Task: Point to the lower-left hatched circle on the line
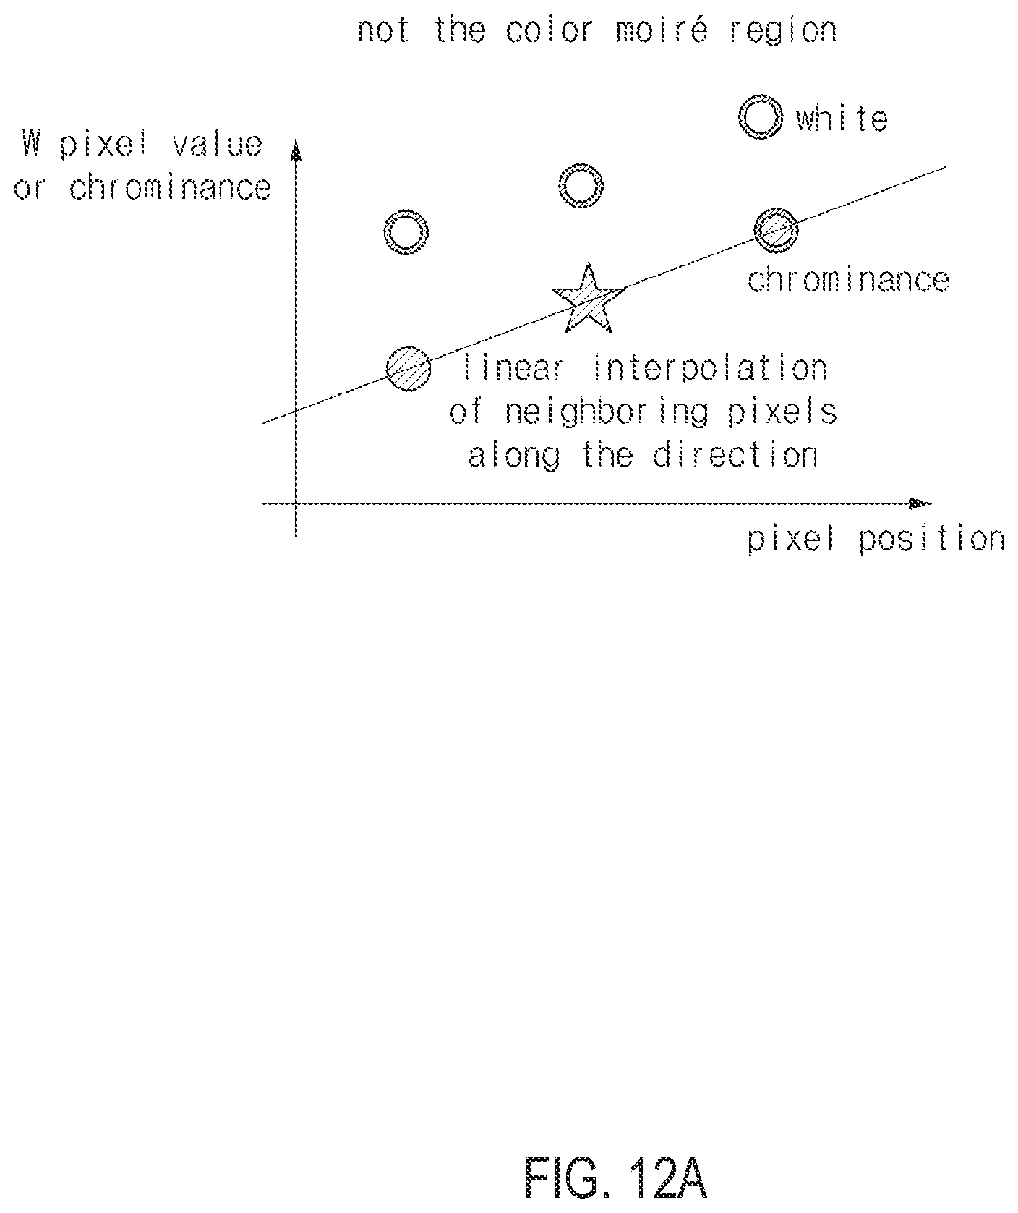(409, 369)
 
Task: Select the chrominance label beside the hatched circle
(847, 281)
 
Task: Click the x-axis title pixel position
(876, 540)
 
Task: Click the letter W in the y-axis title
(30, 144)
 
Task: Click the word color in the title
(550, 31)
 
